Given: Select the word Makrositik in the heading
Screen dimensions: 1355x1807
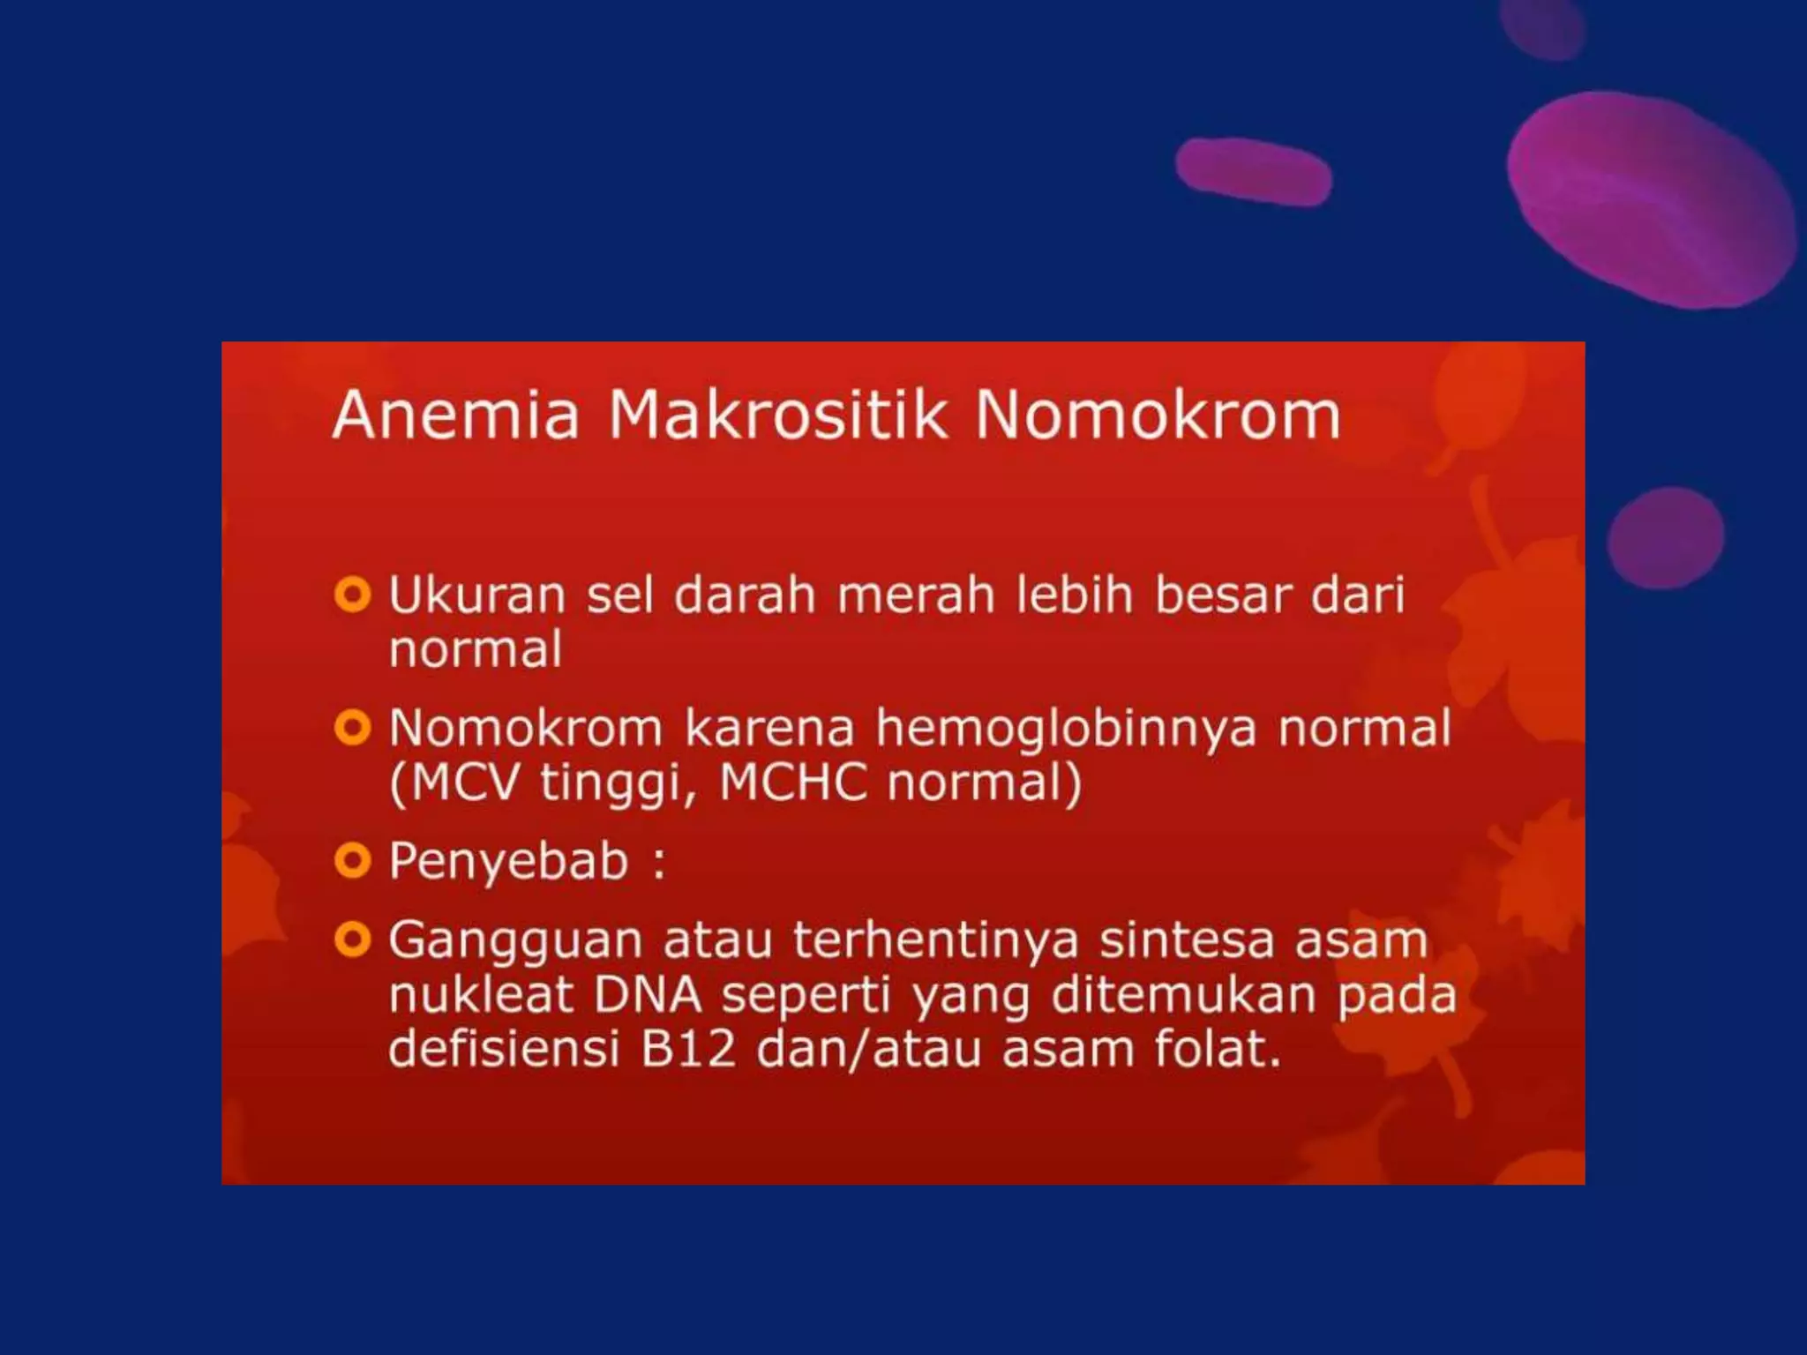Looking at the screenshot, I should tap(777, 415).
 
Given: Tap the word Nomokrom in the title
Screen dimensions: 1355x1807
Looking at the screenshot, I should tap(1157, 415).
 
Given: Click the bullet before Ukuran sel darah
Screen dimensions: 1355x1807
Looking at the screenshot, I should tap(352, 595).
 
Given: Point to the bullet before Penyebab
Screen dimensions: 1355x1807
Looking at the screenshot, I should tap(352, 860).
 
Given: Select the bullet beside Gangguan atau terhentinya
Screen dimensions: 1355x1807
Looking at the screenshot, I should tap(352, 940).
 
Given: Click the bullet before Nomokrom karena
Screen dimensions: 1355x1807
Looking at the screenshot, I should tap(352, 729).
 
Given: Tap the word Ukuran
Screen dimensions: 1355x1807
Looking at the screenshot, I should tap(476, 595).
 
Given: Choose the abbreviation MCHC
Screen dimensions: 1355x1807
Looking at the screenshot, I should tap(793, 782).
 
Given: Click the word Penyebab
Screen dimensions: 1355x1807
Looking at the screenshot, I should tap(508, 862).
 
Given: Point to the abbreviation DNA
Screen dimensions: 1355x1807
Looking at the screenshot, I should tap(648, 995).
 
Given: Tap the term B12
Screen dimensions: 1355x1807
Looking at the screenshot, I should tap(688, 1049).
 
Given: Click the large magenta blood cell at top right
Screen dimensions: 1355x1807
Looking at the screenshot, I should tap(1650, 198).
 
